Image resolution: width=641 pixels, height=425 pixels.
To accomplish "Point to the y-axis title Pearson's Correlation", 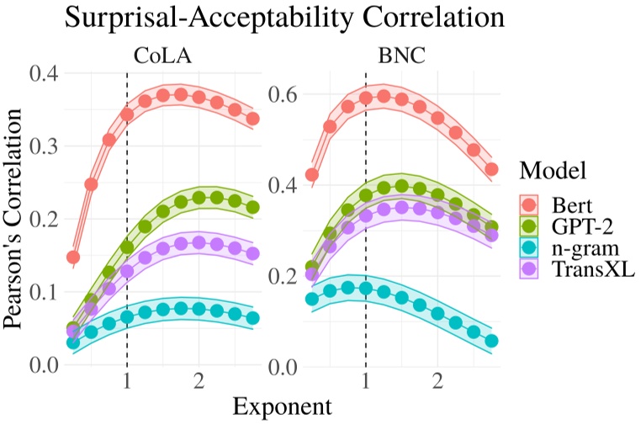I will pyautogui.click(x=17, y=219).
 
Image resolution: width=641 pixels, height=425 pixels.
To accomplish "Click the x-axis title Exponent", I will pyautogui.click(x=282, y=406).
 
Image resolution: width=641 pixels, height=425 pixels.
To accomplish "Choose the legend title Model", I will pyautogui.click(x=552, y=171).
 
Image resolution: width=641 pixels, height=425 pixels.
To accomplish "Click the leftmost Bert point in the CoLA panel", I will pyautogui.click(x=73, y=257).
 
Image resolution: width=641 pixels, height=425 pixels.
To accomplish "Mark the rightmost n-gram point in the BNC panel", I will pyautogui.click(x=492, y=341).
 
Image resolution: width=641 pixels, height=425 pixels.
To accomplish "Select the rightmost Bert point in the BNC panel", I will pyautogui.click(x=492, y=169).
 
